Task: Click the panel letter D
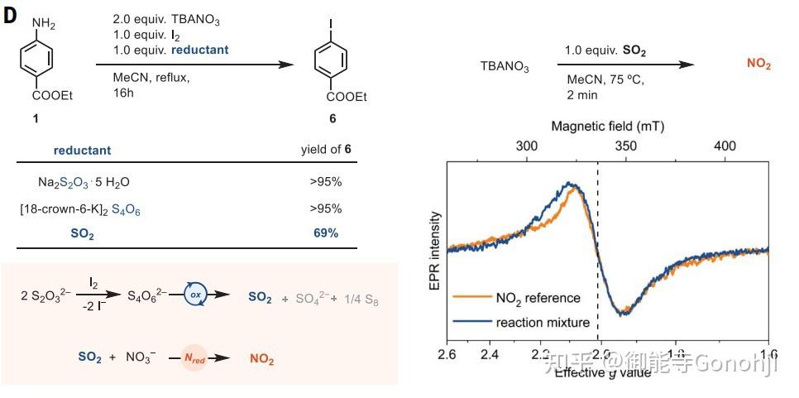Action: pos(10,17)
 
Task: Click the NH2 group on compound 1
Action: pos(45,24)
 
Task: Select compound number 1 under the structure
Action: pos(35,119)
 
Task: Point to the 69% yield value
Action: pos(325,234)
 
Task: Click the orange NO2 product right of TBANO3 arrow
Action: pos(758,64)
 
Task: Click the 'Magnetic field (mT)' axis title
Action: pos(607,126)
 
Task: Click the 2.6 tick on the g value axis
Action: pos(447,356)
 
